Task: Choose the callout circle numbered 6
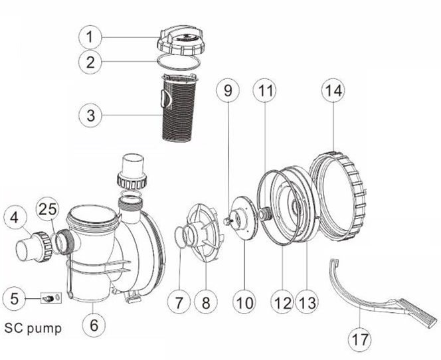(94, 325)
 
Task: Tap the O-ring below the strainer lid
(179, 62)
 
